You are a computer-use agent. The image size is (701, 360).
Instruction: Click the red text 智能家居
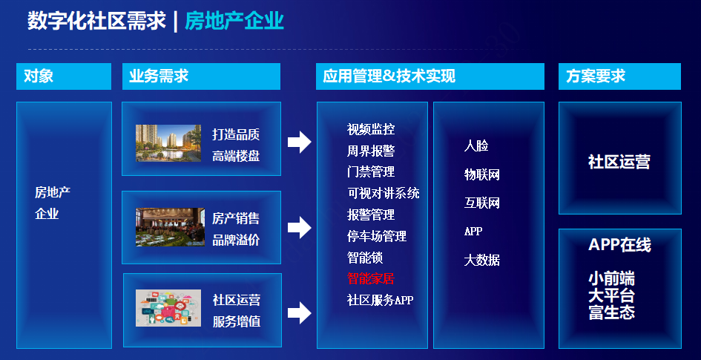371,278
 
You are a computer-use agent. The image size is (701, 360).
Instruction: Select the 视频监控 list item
371,129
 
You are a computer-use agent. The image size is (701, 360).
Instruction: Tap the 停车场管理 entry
376,236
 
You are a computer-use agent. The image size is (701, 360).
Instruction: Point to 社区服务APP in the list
380,300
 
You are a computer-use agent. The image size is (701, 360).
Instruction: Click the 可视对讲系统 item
383,193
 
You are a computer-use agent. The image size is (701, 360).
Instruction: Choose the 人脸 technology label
476,145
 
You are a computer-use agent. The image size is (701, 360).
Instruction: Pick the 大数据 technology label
482,260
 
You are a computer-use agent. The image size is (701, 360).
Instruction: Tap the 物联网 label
482,174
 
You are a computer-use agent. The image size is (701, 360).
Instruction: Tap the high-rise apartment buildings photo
168,143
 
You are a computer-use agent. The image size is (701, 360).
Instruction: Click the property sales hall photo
170,227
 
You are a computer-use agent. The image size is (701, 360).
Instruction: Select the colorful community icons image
168,308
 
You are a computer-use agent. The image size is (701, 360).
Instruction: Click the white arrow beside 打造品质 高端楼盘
299,143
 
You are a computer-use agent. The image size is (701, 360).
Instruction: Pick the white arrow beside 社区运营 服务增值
299,312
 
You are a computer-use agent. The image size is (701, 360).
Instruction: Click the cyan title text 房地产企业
234,21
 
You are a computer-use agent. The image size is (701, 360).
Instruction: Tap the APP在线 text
619,245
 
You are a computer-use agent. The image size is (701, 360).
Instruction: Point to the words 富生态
611,312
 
